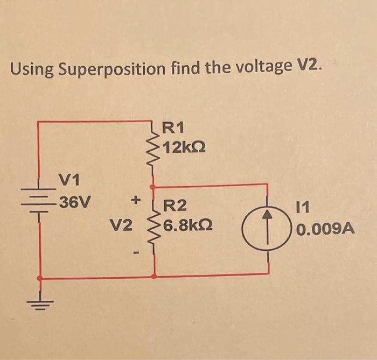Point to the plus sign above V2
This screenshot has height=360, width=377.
click(x=136, y=201)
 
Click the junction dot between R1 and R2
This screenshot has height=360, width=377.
click(x=153, y=187)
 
